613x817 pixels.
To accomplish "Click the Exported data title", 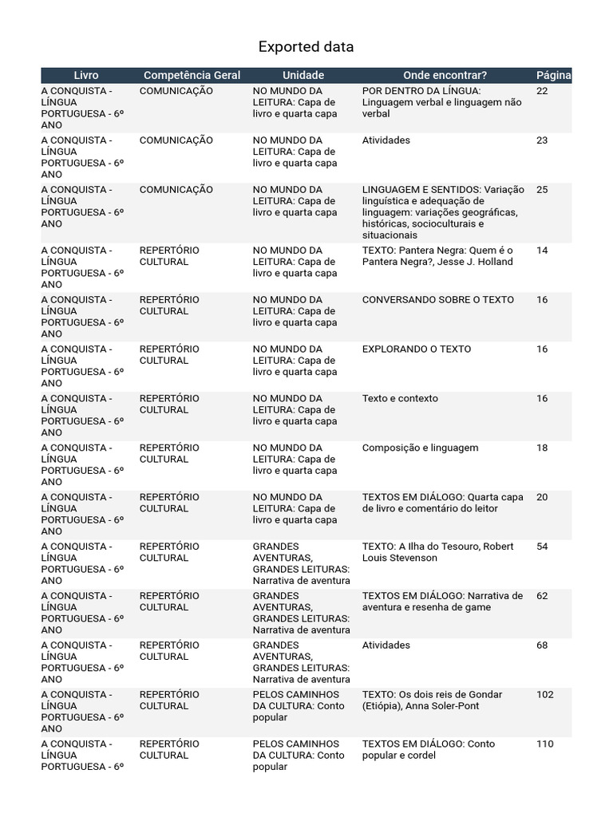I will pos(306,47).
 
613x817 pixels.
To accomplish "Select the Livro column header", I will pos(86,75).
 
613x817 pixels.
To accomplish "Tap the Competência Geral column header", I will pos(192,75).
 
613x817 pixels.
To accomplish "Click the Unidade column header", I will pos(303,75).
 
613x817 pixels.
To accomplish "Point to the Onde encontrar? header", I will pos(445,75).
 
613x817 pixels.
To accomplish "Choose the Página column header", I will pos(553,75).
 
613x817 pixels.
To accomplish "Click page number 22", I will pos(542,91).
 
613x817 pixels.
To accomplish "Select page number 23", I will pos(542,140).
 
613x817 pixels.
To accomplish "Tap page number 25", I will pos(542,190).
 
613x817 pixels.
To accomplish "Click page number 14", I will pos(542,251).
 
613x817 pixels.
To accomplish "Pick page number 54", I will pos(542,547).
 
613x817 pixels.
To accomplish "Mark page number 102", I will pos(544,695).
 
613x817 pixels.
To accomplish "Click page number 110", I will pos(544,744).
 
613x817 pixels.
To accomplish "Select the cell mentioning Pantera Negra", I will pos(437,256).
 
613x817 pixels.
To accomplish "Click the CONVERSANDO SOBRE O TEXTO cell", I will pos(438,300).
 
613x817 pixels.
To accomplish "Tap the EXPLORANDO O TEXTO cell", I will pos(417,349).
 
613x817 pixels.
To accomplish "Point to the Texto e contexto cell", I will pos(400,399).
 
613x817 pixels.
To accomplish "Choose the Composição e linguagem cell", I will pos(420,448).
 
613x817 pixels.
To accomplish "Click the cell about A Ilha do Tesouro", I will pos(437,552).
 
